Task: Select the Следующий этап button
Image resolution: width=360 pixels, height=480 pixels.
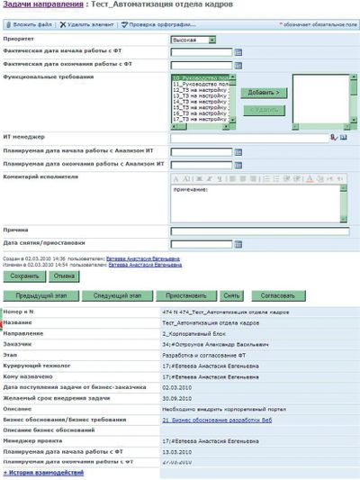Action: pos(115,295)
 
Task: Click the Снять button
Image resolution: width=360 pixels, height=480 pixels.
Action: pos(232,295)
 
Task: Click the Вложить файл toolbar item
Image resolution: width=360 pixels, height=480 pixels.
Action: pos(30,25)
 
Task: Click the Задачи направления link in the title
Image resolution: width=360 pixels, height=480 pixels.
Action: pos(36,7)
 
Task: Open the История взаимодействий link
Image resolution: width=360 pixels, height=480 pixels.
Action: pos(43,472)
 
